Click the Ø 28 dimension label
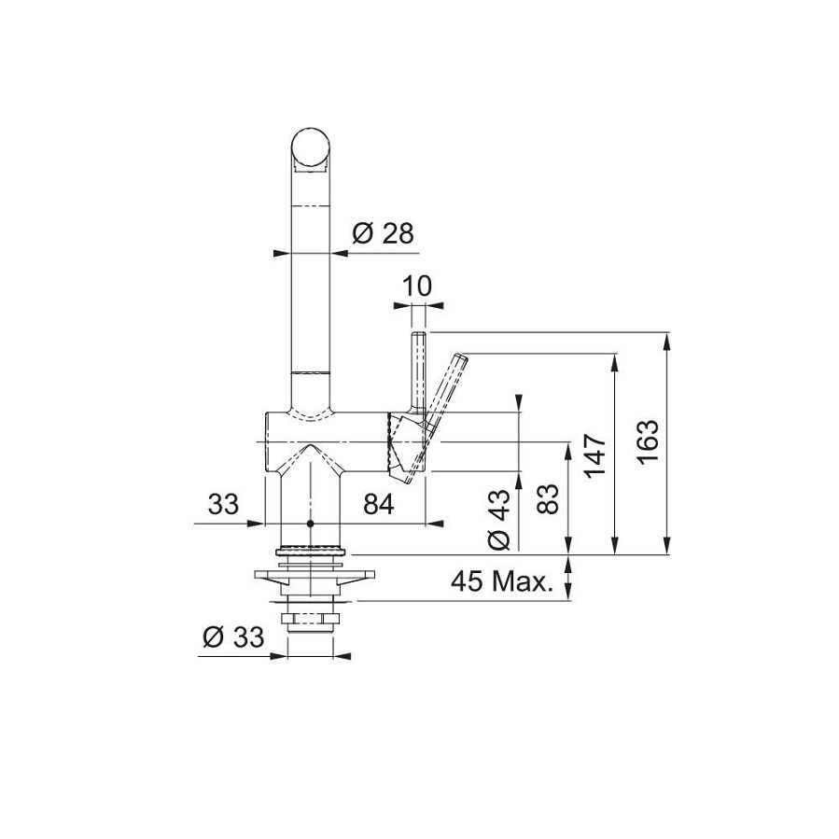(383, 234)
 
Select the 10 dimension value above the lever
(418, 287)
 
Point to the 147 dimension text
(597, 454)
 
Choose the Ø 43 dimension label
(500, 518)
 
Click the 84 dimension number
(378, 505)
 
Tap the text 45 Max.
(501, 582)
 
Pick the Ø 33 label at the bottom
(232, 637)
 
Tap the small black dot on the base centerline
(311, 524)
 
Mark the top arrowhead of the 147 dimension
(614, 360)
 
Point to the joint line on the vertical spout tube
(310, 372)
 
